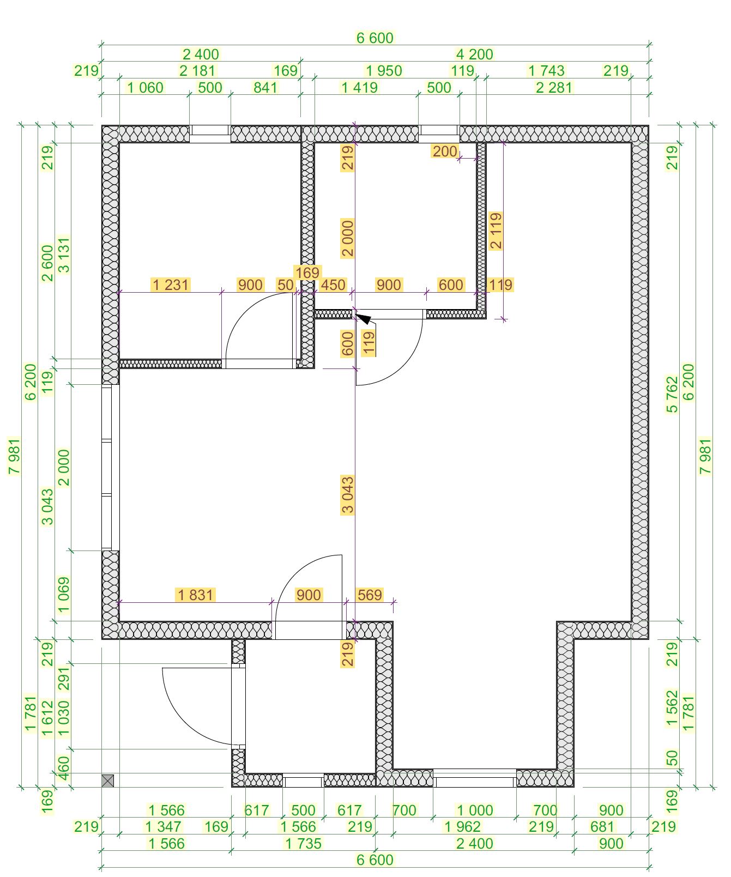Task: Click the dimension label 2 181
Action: (197, 71)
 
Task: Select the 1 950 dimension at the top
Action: (384, 71)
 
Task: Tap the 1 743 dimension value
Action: (546, 71)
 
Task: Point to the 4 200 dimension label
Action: (474, 55)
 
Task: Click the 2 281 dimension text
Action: (554, 88)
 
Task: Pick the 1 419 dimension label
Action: (359, 88)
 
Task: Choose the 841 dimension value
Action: (265, 88)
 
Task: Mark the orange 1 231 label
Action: (171, 285)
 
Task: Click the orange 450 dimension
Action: (333, 285)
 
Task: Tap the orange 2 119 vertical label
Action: (496, 231)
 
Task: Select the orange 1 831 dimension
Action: (195, 595)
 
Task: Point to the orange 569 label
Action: (370, 595)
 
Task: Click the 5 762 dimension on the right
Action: (673, 394)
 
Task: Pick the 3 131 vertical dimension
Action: (64, 255)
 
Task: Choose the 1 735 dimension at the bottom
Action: (304, 844)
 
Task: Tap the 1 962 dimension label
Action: (463, 827)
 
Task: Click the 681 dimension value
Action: (602, 827)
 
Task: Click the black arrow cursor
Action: (363, 319)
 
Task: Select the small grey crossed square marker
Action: (108, 781)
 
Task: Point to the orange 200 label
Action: (445, 151)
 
